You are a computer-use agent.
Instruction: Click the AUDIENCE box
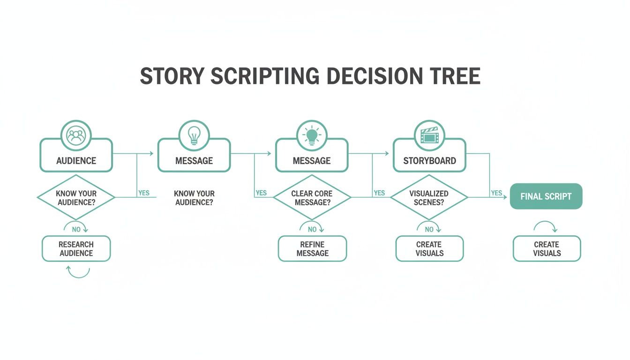click(x=76, y=160)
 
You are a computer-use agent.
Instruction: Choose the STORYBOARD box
click(x=429, y=160)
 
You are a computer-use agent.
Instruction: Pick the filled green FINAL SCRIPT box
click(x=546, y=196)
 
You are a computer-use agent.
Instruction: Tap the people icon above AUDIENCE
click(x=76, y=136)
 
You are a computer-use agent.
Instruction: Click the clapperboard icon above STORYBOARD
click(x=429, y=136)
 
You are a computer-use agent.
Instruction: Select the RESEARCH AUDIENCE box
click(x=76, y=248)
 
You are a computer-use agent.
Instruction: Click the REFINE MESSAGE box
click(x=312, y=248)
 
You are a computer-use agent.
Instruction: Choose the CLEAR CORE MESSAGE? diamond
click(x=312, y=197)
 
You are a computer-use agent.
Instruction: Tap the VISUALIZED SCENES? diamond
click(x=429, y=197)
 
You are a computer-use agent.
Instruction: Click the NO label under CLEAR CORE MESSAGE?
click(x=312, y=229)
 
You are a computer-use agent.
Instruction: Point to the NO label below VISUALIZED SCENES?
click(x=429, y=229)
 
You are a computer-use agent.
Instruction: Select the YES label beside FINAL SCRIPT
click(x=496, y=193)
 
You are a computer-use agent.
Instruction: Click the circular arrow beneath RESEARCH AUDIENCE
click(x=78, y=271)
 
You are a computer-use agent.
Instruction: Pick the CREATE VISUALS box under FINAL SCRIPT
click(x=547, y=248)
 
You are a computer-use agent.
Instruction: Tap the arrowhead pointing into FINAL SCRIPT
click(x=505, y=197)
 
